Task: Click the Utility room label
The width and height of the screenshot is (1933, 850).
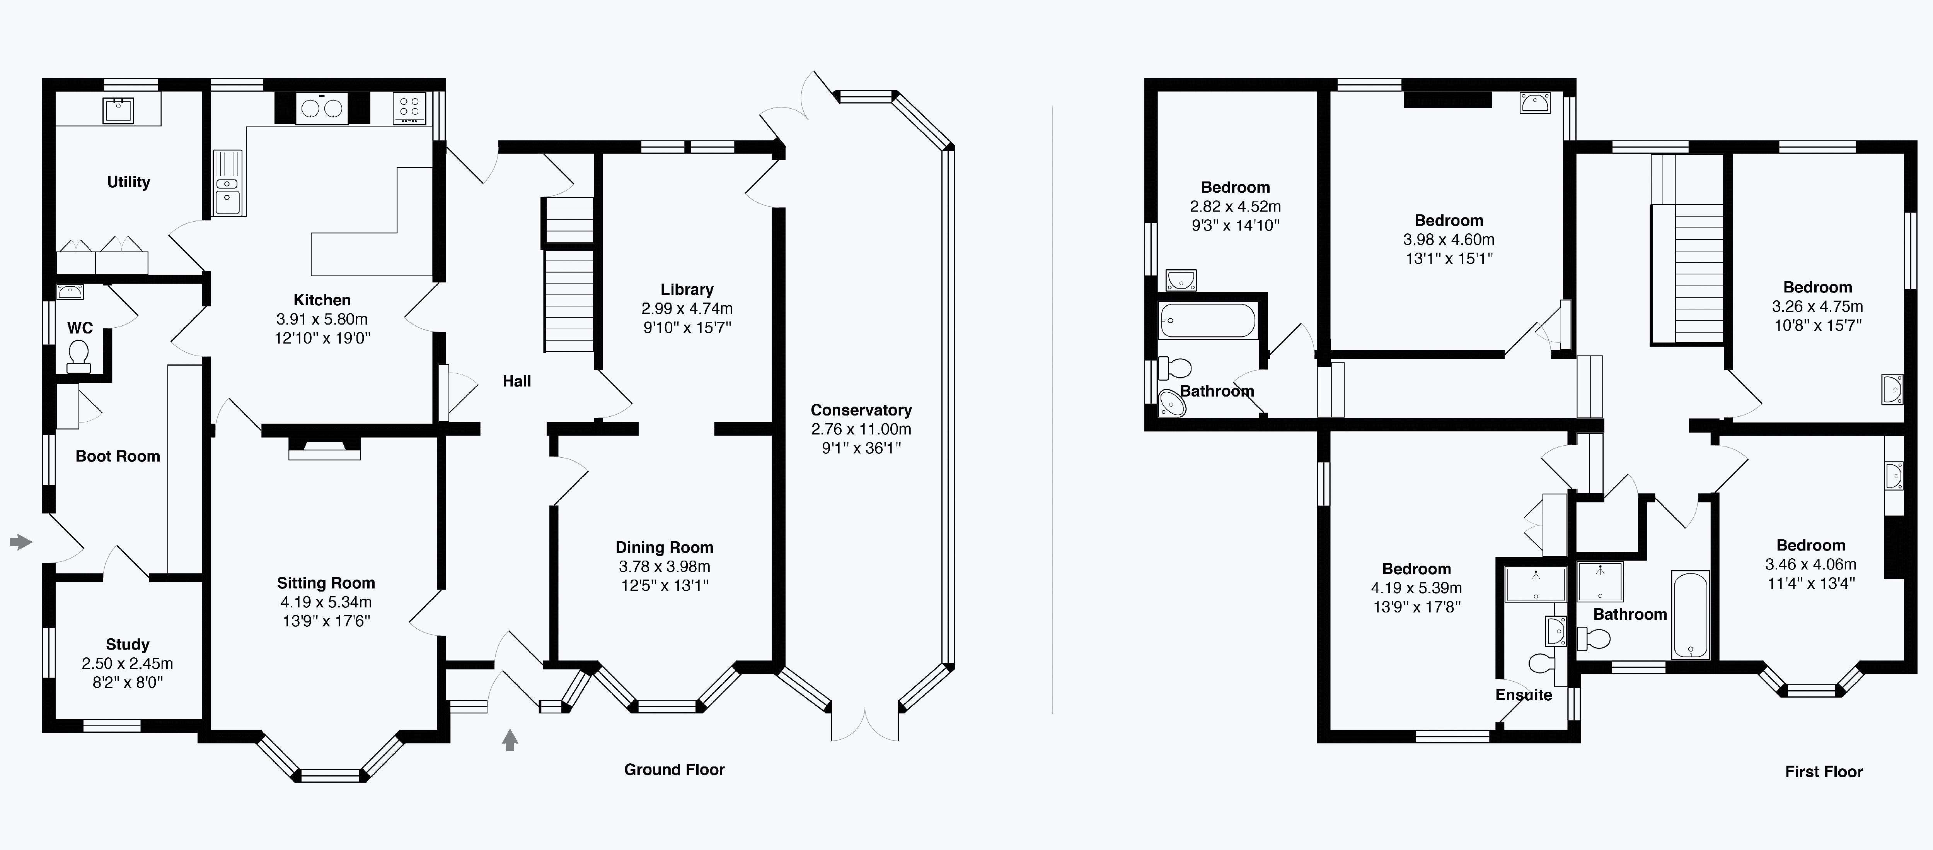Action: pyautogui.click(x=128, y=182)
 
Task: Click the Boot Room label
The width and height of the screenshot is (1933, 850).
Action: pyautogui.click(x=118, y=456)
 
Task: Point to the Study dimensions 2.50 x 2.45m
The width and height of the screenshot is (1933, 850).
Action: pyautogui.click(x=128, y=663)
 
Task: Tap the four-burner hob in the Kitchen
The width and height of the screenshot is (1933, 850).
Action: pyautogui.click(x=409, y=108)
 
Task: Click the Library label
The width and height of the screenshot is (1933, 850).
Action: pyautogui.click(x=687, y=289)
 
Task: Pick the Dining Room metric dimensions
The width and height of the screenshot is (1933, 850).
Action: pyautogui.click(x=664, y=566)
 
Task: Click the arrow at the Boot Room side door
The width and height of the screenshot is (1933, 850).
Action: pyautogui.click(x=21, y=541)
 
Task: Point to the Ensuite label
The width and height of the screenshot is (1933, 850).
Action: pyautogui.click(x=1523, y=694)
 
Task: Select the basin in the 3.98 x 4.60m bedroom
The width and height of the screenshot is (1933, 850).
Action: pyautogui.click(x=1534, y=103)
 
